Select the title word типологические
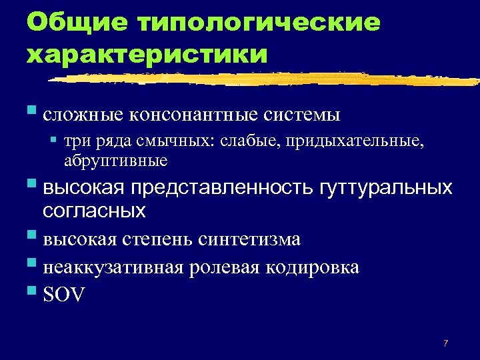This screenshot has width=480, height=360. point(259,23)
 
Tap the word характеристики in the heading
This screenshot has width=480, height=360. point(147,53)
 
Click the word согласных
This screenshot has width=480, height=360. point(94,211)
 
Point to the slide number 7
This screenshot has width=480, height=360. point(445,343)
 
